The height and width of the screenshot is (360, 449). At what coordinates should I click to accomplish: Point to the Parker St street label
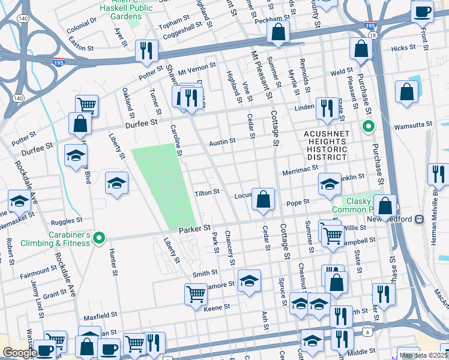coord(194,229)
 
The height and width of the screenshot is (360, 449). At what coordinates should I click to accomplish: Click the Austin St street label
coord(221,142)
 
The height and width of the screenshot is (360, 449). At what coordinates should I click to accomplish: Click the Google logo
coord(19,353)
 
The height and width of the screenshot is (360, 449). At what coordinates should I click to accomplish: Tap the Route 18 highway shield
coord(373,37)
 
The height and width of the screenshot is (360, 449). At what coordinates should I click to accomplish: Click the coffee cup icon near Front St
coord(422,11)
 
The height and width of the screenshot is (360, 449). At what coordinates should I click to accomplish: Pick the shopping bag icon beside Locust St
coord(263,200)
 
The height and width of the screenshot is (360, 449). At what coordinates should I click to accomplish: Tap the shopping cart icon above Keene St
coord(196,295)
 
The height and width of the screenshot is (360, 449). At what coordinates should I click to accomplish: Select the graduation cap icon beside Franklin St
coord(329,185)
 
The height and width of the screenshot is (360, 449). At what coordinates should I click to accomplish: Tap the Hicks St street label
coord(403,49)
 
